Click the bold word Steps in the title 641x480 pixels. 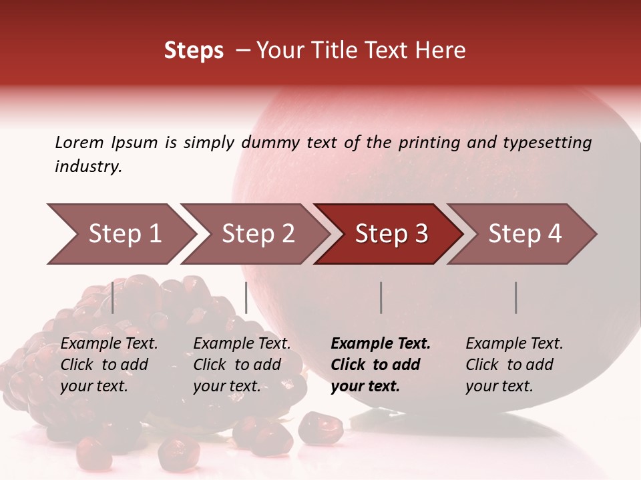click(x=194, y=51)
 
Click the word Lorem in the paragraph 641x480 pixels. click(x=79, y=142)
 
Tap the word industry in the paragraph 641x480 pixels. click(x=88, y=167)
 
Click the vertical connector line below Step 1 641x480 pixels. click(x=113, y=297)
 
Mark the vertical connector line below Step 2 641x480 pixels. click(x=246, y=297)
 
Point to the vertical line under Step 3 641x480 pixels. click(x=381, y=297)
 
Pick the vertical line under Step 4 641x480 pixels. click(x=516, y=297)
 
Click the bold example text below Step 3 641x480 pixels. click(x=381, y=365)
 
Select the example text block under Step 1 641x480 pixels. click(x=109, y=365)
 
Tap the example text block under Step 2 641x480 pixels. click(x=242, y=365)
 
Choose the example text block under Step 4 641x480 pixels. click(x=514, y=365)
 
